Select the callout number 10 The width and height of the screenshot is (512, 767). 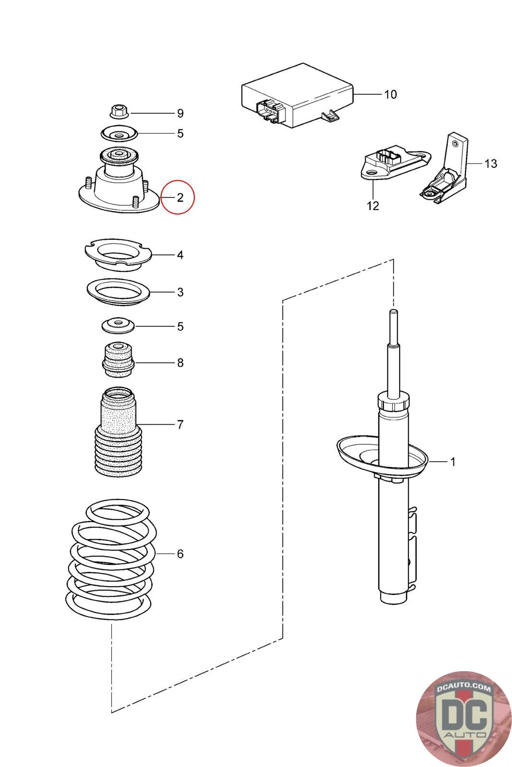pos(391,94)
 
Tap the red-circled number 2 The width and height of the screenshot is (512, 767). pos(179,197)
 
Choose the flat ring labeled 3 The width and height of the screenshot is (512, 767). pos(118,292)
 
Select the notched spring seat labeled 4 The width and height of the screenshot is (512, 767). pos(118,254)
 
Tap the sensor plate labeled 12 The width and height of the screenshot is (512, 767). pos(393,165)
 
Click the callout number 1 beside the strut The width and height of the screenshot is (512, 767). pos(452,462)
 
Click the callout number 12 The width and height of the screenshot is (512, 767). pos(373,206)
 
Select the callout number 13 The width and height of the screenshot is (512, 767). pos(490,163)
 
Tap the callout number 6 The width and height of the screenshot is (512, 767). pos(180,554)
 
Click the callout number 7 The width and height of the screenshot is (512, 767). pos(180,424)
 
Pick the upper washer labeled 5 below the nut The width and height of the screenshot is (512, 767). pos(118,133)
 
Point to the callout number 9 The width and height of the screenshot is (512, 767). pos(180,114)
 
